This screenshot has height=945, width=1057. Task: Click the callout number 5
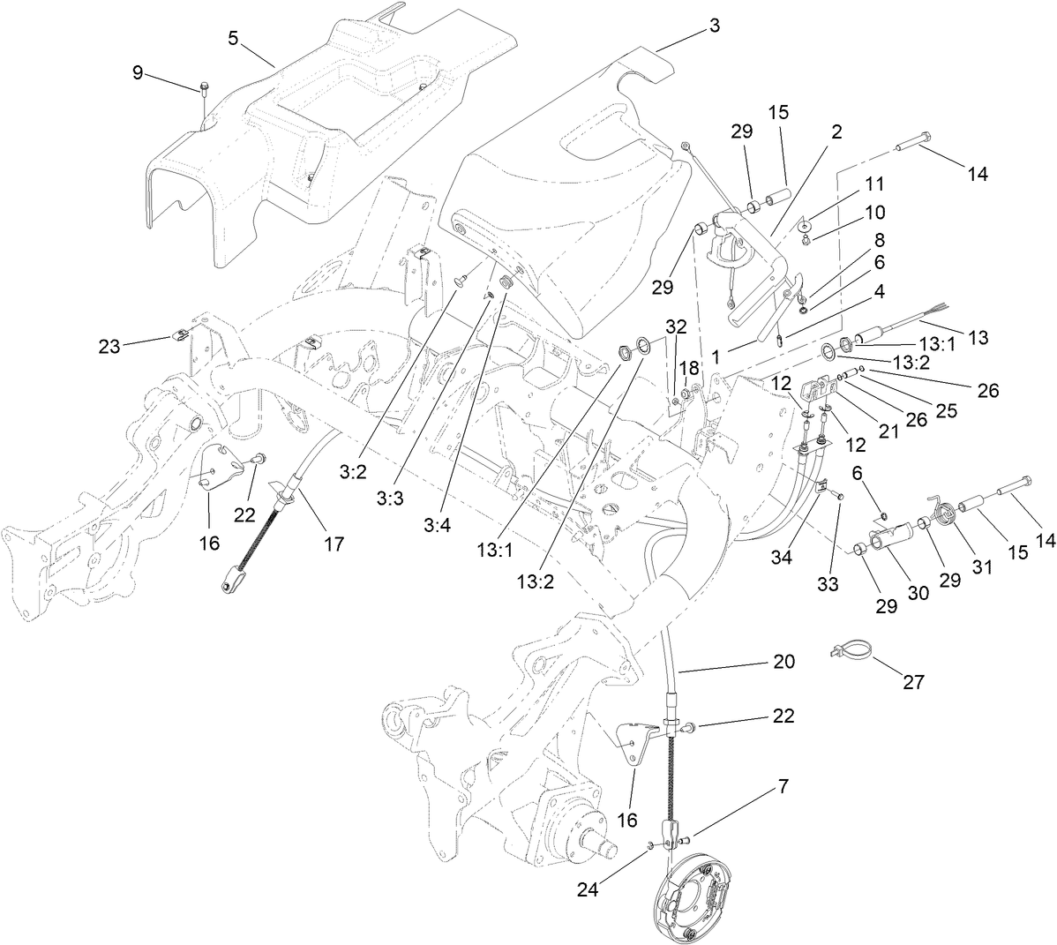233,38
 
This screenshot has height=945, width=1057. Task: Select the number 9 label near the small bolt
138,73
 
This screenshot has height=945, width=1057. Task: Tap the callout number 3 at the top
714,26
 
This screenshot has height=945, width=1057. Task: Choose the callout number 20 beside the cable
783,661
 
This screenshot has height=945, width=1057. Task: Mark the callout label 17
333,544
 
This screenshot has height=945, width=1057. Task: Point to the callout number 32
676,326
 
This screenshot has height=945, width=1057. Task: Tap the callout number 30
918,594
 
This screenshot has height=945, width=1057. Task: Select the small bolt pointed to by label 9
205,87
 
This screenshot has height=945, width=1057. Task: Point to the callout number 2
836,132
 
